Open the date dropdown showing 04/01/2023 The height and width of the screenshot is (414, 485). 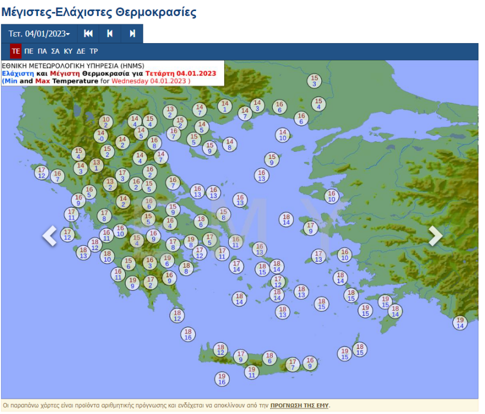[x=39, y=34]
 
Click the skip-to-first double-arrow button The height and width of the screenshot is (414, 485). [x=88, y=34]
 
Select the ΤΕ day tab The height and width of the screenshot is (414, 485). [x=15, y=51]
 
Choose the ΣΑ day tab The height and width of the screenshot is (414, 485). [x=55, y=51]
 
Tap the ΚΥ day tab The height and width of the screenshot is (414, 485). [x=68, y=51]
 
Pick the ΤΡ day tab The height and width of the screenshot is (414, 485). [x=94, y=51]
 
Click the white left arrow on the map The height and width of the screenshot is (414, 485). [x=50, y=236]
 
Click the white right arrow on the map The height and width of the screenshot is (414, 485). [x=435, y=236]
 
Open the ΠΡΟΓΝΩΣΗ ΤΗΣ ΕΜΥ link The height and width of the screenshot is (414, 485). [x=299, y=406]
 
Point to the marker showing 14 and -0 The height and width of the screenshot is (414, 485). [x=101, y=135]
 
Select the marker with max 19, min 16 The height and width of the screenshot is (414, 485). [x=222, y=379]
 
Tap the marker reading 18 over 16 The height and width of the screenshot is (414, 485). [x=188, y=334]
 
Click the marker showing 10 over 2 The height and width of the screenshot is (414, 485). [x=106, y=122]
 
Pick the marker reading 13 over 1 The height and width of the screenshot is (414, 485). [x=97, y=165]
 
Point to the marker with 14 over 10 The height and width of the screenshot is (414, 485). [x=283, y=135]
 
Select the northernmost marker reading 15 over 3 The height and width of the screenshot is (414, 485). [x=315, y=81]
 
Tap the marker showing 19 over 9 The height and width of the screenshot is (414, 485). [x=132, y=283]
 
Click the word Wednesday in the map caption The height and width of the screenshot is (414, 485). [x=130, y=81]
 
